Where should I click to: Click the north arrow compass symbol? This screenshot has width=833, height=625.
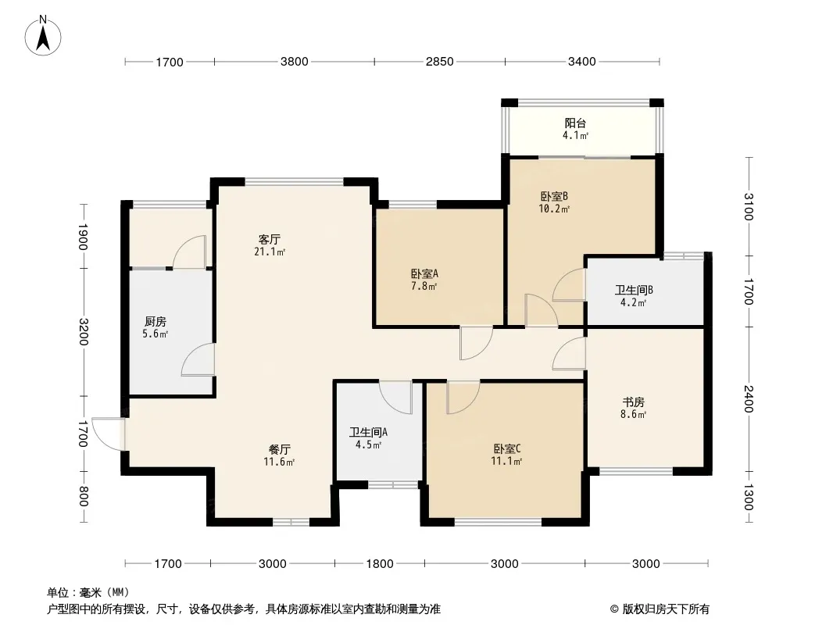tap(43, 35)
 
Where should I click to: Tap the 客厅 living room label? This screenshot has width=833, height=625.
tap(270, 240)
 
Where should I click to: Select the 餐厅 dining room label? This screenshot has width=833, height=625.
tap(280, 450)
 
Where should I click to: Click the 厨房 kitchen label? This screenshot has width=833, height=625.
tap(156, 322)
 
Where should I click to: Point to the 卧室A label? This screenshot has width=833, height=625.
tap(424, 274)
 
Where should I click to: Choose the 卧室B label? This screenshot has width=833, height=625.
tap(554, 196)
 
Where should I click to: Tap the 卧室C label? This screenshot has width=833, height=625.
tap(507, 448)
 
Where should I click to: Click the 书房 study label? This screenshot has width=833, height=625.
tap(633, 402)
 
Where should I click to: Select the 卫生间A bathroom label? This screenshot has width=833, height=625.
tap(368, 432)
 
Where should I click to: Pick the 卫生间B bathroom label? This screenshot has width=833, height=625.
tap(634, 291)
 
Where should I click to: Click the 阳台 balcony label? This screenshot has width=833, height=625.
tap(575, 123)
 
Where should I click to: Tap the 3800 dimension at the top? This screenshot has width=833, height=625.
tap(295, 62)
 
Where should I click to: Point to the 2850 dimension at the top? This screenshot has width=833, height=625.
tap(440, 62)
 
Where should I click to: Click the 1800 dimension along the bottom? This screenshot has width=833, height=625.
tap(380, 563)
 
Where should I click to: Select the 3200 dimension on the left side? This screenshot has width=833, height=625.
tap(84, 332)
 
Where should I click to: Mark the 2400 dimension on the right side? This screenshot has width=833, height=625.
tap(749, 398)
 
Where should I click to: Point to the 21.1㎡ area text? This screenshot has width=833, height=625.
tap(270, 252)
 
